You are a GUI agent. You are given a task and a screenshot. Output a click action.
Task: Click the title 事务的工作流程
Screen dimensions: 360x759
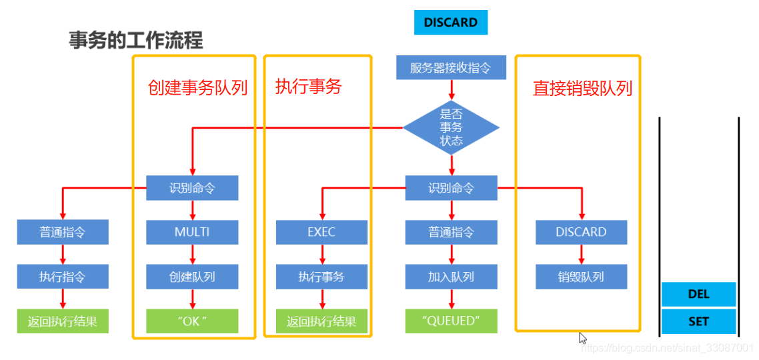pos(136,41)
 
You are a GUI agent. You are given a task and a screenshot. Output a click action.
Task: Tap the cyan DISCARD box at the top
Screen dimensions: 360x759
pos(451,23)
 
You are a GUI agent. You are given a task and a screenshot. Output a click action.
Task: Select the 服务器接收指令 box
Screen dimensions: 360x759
pos(451,67)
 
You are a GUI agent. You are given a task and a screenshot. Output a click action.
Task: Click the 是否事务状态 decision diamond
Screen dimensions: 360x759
pos(451,127)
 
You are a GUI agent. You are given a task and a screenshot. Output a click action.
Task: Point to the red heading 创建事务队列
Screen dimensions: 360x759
pos(197,88)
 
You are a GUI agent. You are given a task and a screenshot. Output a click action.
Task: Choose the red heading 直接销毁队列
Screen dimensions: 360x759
pos(582,88)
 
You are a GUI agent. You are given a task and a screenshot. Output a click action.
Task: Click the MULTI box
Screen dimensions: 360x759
pos(192,232)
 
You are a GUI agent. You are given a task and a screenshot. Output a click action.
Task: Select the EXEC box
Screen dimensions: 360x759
pos(321,232)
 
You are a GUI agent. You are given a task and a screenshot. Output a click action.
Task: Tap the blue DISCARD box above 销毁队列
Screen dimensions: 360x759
pos(581,232)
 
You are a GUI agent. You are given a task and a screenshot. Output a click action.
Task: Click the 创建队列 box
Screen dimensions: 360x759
pos(192,276)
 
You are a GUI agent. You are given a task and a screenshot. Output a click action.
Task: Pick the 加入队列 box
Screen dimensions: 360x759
pos(451,276)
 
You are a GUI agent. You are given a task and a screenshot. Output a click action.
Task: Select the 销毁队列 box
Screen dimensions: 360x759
pos(581,276)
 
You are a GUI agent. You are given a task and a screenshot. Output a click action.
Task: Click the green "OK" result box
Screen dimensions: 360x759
pos(192,321)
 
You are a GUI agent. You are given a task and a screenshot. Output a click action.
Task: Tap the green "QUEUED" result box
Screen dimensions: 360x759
pos(451,321)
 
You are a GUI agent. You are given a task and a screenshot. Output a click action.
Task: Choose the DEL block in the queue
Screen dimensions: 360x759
pos(698,294)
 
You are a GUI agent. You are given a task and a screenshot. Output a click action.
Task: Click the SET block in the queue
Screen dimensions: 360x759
pos(698,321)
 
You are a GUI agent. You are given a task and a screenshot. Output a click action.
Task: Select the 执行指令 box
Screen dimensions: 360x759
pos(63,276)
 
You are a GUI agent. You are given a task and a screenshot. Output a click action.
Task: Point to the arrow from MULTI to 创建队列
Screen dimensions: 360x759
pos(192,254)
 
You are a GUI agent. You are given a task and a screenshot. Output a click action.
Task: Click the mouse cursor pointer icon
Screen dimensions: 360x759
pos(582,337)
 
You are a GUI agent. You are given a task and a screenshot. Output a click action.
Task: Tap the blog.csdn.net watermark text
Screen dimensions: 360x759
pos(667,348)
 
